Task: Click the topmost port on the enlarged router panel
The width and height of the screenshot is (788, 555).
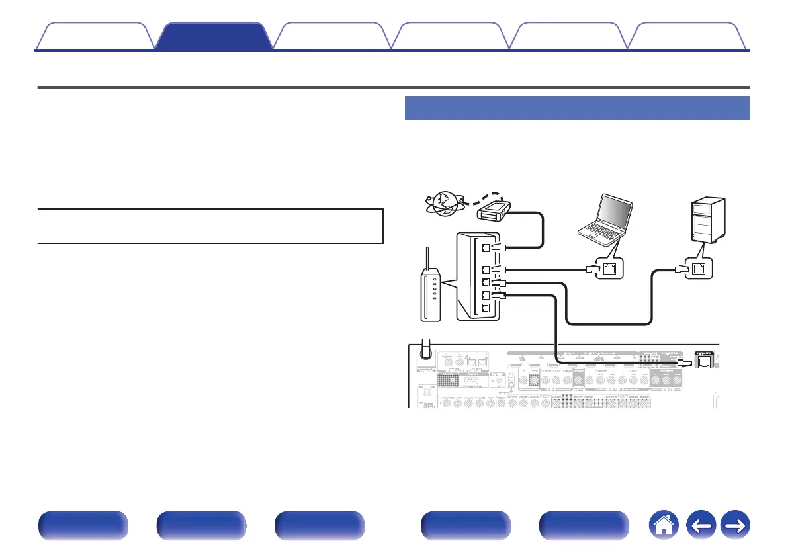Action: [485, 246]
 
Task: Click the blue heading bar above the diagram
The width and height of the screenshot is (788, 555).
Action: [576, 108]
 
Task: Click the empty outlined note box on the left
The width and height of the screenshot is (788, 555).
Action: [210, 227]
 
